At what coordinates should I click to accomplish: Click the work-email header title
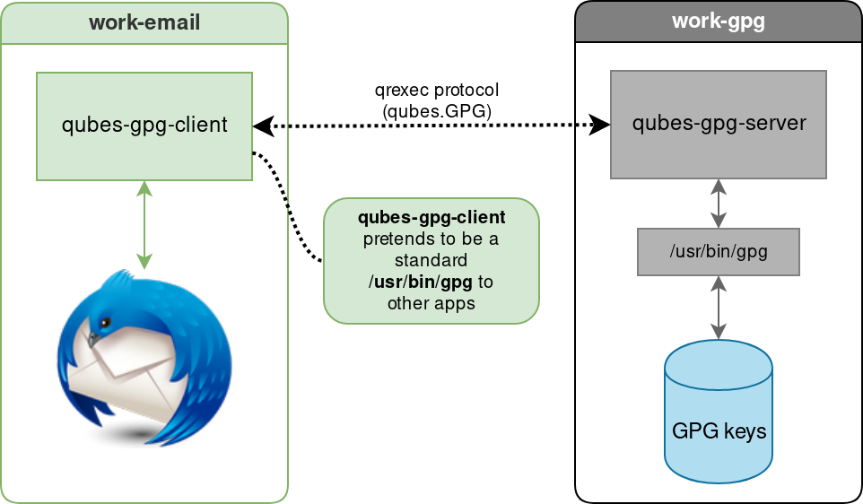[144, 22]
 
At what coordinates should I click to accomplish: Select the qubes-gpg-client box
[144, 126]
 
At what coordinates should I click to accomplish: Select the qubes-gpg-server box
[718, 124]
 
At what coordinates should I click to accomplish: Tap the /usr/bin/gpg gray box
[718, 252]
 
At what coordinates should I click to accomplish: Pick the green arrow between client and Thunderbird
[144, 224]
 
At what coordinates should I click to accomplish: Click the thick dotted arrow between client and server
[431, 126]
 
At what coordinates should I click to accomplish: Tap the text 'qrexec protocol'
[436, 91]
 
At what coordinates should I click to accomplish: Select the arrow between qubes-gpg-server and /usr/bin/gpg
[718, 203]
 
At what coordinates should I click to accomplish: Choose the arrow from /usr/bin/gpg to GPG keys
[718, 307]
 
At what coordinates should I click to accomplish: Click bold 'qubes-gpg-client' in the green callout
[431, 218]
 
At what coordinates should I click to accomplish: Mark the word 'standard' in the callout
[431, 261]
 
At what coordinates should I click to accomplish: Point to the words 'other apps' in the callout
[431, 303]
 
